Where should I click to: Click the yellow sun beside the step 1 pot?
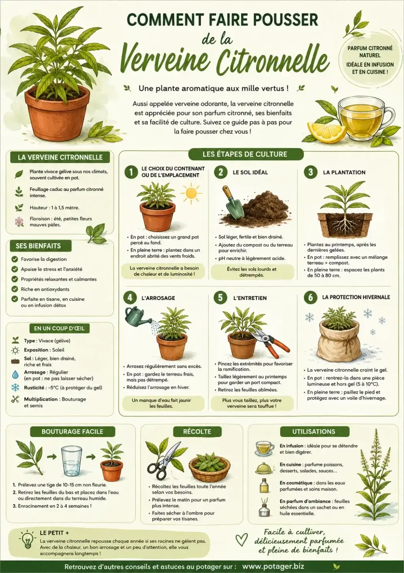[x=191, y=194]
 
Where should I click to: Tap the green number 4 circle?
[x=130, y=298]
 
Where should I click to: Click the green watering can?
[x=138, y=315]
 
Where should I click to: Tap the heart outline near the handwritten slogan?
[x=241, y=539]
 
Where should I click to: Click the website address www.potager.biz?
[x=273, y=566]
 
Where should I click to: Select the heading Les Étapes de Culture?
[x=245, y=154]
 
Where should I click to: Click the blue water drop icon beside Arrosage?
[x=15, y=375]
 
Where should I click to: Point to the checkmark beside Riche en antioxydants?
[x=15, y=289]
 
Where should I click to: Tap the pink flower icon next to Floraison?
[x=19, y=221]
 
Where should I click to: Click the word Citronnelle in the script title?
[x=273, y=61]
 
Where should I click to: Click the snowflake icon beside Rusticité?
[x=15, y=388]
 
